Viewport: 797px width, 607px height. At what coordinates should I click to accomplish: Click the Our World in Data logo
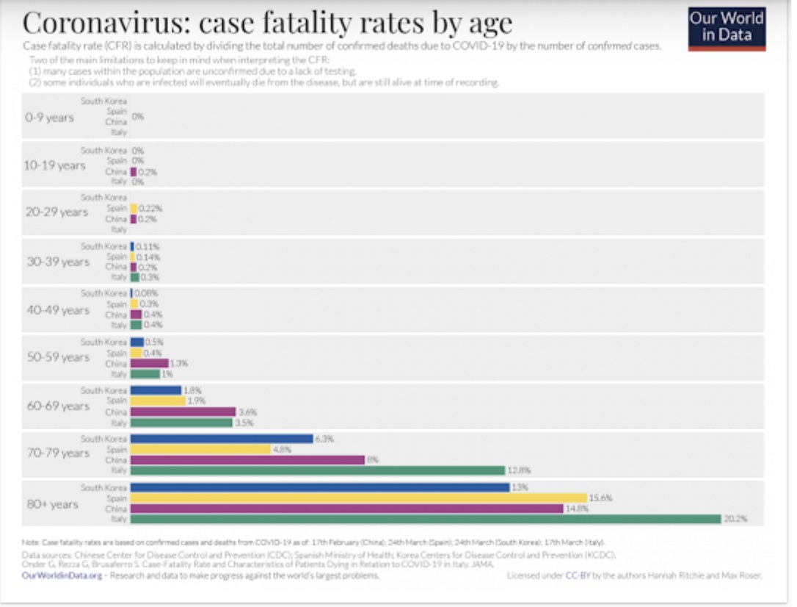(x=727, y=28)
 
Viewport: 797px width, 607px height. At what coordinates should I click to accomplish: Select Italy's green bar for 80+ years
(x=426, y=519)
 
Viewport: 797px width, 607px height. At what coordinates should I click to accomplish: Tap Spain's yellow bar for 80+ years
(x=359, y=498)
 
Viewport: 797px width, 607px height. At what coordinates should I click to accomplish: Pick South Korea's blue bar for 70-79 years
(x=222, y=439)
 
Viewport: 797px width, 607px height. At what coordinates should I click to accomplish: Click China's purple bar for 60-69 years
(x=183, y=412)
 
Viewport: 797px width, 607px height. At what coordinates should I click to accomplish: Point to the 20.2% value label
(x=736, y=519)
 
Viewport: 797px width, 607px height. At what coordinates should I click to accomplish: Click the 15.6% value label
(x=601, y=498)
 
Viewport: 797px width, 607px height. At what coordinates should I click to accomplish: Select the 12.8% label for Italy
(x=519, y=470)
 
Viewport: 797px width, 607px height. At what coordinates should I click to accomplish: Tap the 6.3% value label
(x=324, y=439)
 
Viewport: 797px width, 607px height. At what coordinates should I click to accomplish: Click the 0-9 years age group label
(x=49, y=117)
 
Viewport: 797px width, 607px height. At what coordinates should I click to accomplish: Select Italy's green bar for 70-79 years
(x=318, y=470)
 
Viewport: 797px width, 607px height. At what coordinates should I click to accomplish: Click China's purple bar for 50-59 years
(x=149, y=363)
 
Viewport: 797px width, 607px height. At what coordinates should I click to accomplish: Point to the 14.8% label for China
(x=577, y=509)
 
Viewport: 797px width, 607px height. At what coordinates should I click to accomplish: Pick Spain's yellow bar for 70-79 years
(x=200, y=449)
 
